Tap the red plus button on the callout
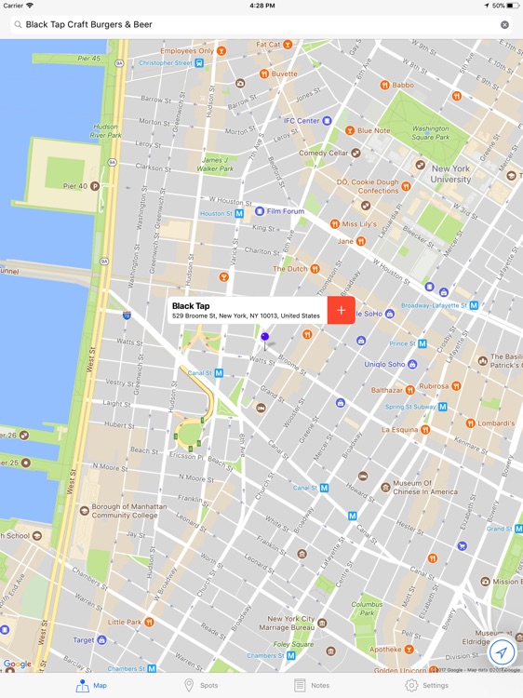point(342,310)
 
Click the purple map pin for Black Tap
point(264,338)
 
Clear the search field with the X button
point(504,25)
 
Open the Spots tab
point(200,685)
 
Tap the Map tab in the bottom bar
point(91,685)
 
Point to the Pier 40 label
point(74,186)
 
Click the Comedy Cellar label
point(323,153)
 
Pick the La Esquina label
point(399,430)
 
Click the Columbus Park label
point(367,609)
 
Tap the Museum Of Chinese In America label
point(424,488)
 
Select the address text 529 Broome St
point(246,316)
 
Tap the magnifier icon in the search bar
point(18,25)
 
